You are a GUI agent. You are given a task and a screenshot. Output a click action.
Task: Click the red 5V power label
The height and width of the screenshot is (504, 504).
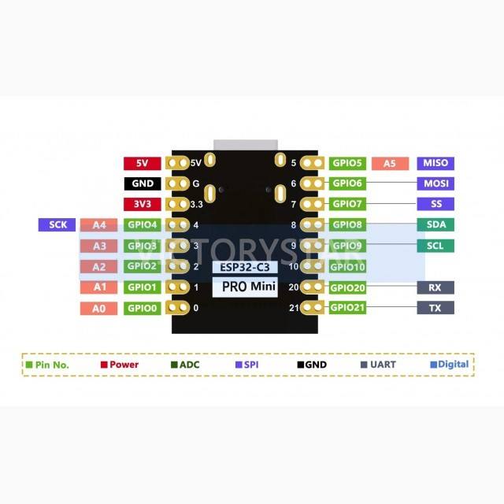(142, 164)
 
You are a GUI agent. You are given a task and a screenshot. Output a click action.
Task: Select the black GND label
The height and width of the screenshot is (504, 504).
(142, 184)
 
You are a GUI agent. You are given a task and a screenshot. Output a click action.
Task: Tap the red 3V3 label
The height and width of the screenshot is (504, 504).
(142, 205)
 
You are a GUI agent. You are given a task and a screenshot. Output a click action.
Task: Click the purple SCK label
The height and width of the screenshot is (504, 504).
(57, 225)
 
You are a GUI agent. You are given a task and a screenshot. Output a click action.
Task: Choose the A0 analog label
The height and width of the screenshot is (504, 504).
(99, 308)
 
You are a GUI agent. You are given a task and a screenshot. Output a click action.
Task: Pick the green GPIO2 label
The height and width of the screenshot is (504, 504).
(143, 266)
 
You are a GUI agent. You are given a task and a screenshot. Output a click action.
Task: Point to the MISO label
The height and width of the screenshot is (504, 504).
(435, 164)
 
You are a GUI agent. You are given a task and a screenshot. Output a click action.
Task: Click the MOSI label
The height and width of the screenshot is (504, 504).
(435, 184)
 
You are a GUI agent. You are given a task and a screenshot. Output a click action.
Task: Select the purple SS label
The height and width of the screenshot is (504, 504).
(435, 205)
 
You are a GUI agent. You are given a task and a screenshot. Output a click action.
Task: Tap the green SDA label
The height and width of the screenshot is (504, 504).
(435, 225)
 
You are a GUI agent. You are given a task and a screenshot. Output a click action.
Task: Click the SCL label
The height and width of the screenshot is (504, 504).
(435, 246)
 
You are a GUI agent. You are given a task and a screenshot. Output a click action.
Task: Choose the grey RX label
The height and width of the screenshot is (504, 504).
(435, 287)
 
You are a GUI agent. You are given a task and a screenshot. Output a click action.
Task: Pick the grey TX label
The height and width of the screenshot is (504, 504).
(435, 308)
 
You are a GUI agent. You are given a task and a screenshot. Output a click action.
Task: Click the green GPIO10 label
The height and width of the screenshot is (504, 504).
(347, 267)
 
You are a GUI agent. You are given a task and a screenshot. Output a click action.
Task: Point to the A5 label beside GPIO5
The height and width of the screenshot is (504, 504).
(390, 164)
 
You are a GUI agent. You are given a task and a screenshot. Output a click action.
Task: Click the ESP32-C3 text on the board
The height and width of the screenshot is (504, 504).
(245, 268)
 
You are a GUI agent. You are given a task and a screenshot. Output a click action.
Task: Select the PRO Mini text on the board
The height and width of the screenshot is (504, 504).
(248, 287)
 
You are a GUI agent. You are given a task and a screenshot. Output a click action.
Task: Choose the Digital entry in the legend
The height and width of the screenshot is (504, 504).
(450, 365)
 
